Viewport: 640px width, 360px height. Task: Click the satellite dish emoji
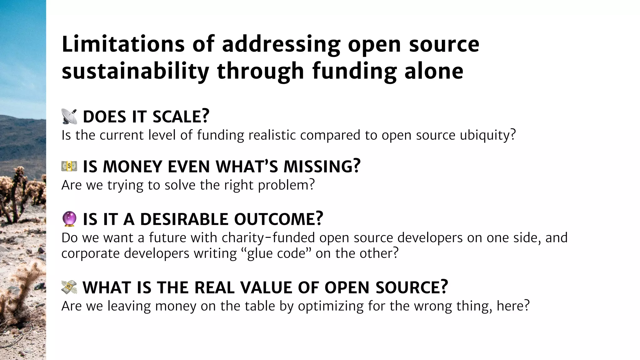click(69, 117)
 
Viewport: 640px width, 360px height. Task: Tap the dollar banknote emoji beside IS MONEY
click(69, 166)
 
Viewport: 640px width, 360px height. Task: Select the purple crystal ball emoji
click(69, 219)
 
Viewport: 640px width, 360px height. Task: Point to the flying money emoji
click(69, 287)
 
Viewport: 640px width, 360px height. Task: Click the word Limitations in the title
click(123, 44)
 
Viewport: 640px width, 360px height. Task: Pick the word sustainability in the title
click(135, 71)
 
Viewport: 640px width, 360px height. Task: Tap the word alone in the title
click(434, 71)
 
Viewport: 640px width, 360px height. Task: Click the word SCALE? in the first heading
click(181, 117)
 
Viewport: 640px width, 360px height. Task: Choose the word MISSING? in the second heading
click(322, 166)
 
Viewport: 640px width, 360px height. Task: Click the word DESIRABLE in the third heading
click(184, 219)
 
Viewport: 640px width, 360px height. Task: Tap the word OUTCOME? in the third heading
click(278, 219)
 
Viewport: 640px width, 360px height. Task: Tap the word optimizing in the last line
click(331, 306)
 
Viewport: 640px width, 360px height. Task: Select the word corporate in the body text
click(90, 253)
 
